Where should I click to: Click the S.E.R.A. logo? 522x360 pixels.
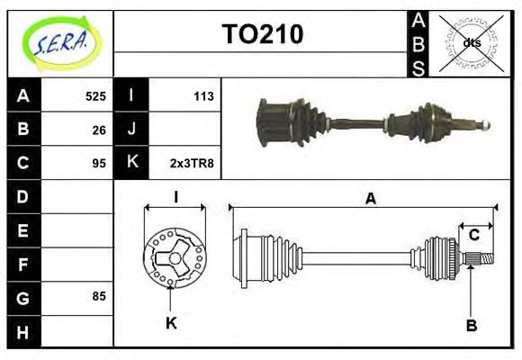tap(61, 43)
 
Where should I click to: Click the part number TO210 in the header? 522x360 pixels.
tap(262, 34)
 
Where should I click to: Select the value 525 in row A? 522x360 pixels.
tap(95, 95)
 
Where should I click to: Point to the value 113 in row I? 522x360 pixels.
tap(202, 95)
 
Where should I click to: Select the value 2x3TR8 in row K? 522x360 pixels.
tap(192, 164)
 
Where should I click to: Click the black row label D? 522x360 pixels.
tap(23, 195)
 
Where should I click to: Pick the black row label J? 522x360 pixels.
tap(131, 130)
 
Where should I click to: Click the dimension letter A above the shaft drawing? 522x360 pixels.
tap(370, 200)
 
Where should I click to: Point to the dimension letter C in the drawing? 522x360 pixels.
tap(473, 236)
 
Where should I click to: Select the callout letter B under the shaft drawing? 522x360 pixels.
tap(471, 324)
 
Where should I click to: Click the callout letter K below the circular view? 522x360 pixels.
tap(171, 321)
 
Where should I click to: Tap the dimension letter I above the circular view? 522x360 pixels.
tap(176, 197)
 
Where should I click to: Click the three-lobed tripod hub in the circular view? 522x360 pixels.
tap(171, 258)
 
